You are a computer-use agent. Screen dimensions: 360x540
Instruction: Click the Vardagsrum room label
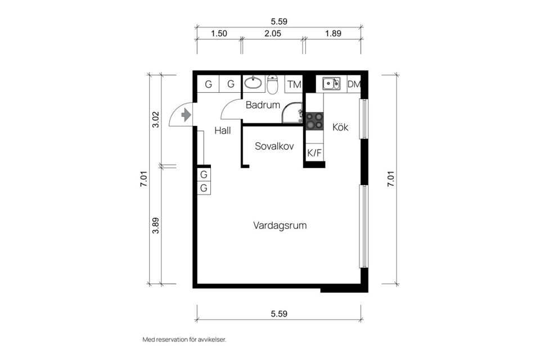pyautogui.click(x=280, y=226)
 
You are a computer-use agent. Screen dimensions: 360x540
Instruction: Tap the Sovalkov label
pyautogui.click(x=275, y=146)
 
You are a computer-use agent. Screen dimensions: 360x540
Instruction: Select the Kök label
pyautogui.click(x=340, y=128)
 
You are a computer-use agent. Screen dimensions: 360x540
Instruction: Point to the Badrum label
pyautogui.click(x=263, y=105)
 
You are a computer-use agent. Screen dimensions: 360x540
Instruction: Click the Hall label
pyautogui.click(x=223, y=130)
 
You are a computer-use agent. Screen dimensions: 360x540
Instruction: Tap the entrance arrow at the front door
pyautogui.click(x=186, y=115)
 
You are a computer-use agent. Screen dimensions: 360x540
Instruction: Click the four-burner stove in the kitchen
pyautogui.click(x=314, y=120)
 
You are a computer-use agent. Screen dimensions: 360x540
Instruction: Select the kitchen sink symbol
pyautogui.click(x=331, y=84)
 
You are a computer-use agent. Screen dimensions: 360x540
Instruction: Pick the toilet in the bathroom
pyautogui.click(x=273, y=85)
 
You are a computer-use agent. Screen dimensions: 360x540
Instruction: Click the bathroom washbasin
pyautogui.click(x=254, y=84)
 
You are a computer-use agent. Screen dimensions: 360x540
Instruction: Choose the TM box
pyautogui.click(x=294, y=85)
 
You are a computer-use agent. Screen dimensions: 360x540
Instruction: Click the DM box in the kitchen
pyautogui.click(x=354, y=84)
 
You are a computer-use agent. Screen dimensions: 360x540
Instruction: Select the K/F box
pyautogui.click(x=314, y=152)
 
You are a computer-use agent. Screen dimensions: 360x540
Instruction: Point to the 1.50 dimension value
pyautogui.click(x=219, y=34)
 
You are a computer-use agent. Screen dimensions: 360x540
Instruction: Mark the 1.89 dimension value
pyautogui.click(x=334, y=34)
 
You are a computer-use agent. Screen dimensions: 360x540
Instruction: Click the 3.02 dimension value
pyautogui.click(x=156, y=120)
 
